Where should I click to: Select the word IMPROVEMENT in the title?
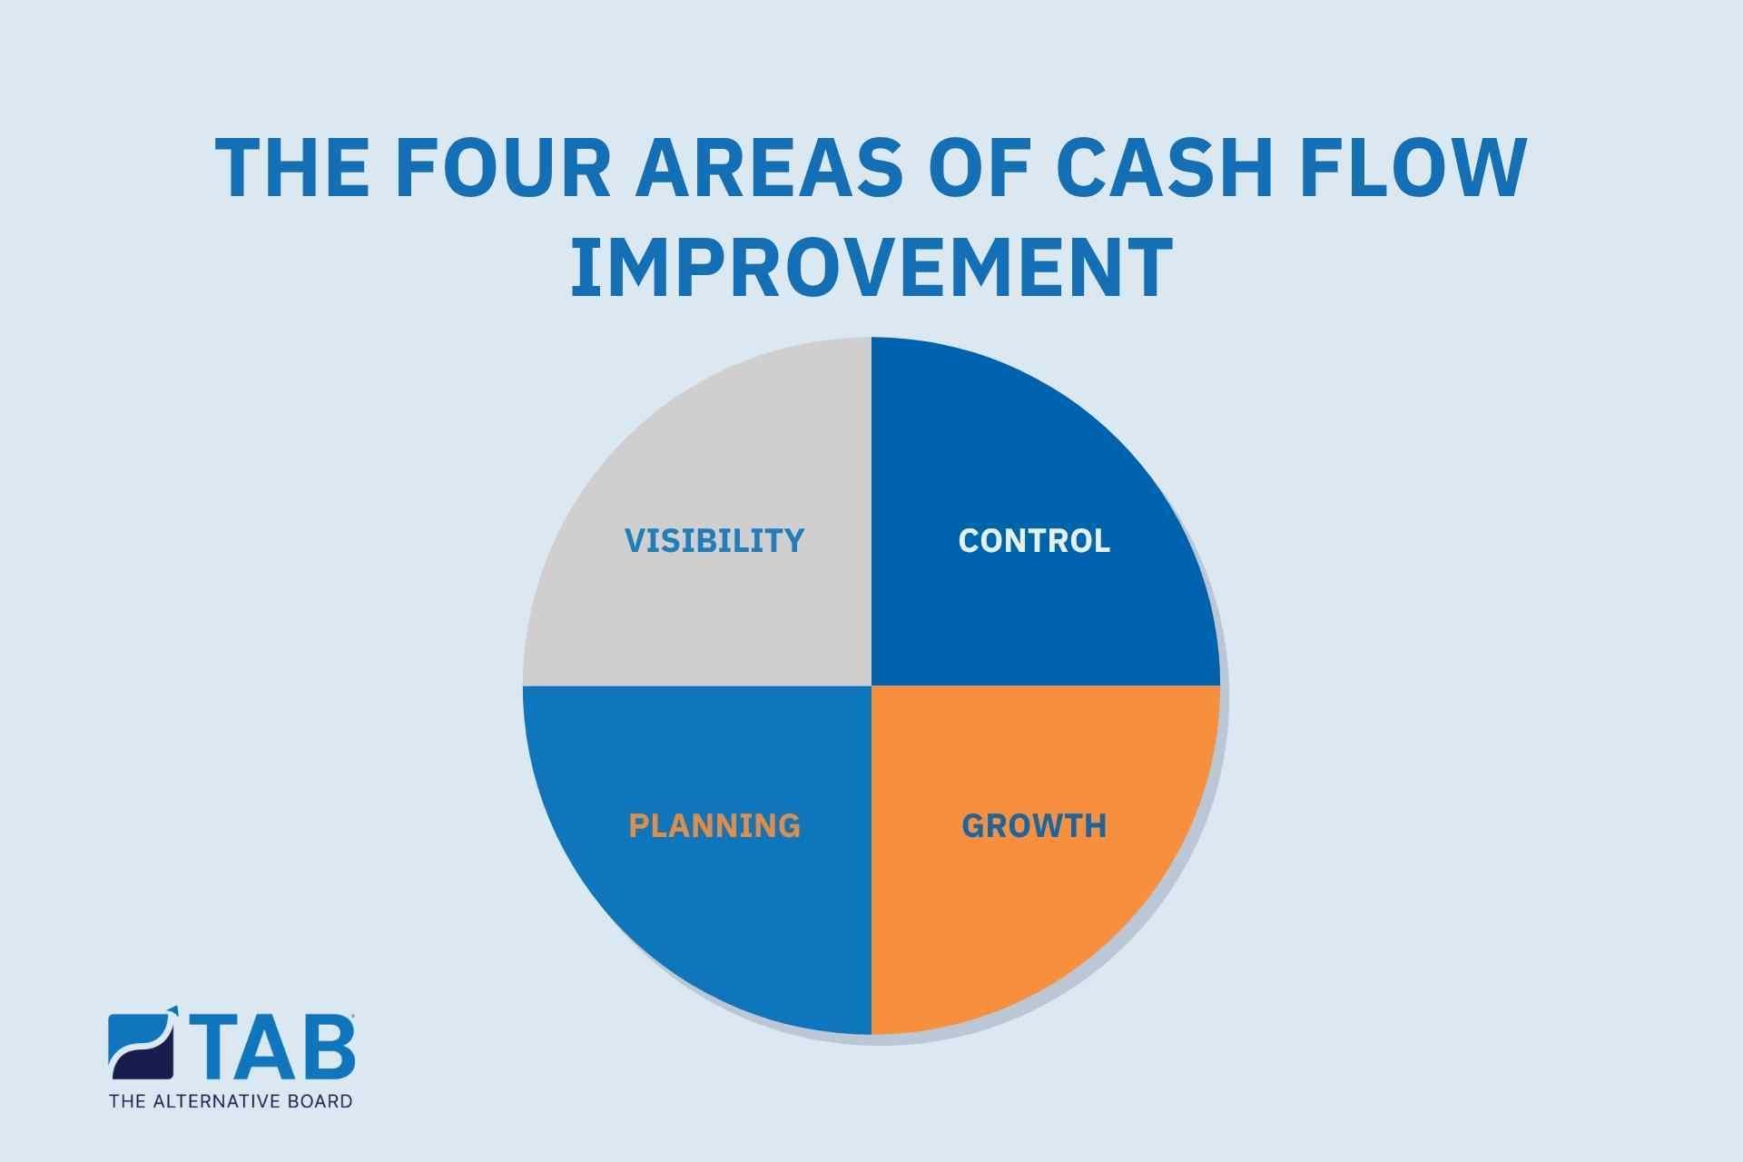871,267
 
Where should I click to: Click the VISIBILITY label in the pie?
714,541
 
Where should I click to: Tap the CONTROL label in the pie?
1034,541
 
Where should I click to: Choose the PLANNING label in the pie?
714,826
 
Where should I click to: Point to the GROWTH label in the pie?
1034,826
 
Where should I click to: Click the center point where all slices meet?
871,685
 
